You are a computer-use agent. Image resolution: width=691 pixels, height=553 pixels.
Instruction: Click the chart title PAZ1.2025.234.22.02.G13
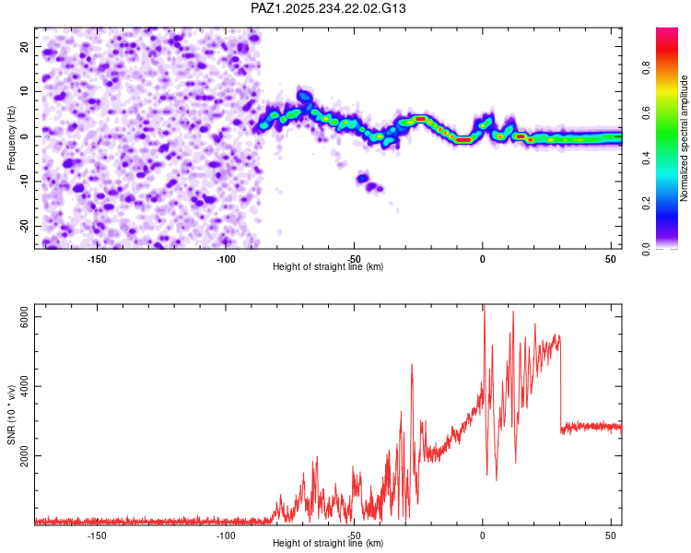[x=329, y=8]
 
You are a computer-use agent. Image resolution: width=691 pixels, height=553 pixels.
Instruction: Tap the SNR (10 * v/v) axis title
[x=11, y=415]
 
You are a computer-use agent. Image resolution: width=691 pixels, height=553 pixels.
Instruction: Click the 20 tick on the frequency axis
[x=25, y=47]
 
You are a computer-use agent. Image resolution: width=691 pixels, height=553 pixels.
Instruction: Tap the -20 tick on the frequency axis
[x=23, y=226]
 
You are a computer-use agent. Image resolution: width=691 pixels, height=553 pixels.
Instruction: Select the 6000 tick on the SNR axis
[x=25, y=316]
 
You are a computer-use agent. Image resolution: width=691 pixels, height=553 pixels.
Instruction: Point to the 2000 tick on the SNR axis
[x=25, y=455]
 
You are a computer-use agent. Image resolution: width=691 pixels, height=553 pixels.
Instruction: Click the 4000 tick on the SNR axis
[x=25, y=386]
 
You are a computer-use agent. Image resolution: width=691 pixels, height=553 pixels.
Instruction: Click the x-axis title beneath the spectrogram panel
[x=328, y=267]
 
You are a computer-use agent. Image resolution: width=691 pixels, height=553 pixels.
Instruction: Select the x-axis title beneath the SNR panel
[x=328, y=544]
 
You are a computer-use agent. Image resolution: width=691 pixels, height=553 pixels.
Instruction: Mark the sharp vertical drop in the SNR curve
[x=560, y=387]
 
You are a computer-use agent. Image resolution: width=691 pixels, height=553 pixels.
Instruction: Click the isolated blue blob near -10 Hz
[x=363, y=178]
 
